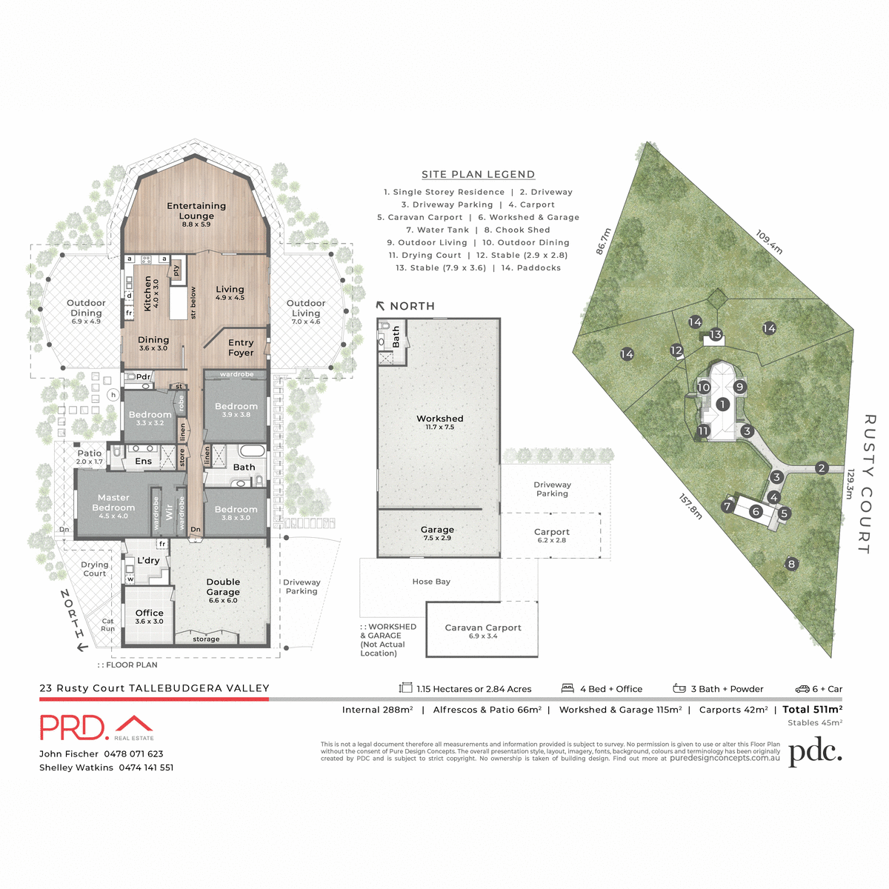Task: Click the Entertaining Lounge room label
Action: click(x=196, y=211)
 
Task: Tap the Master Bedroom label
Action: click(x=113, y=503)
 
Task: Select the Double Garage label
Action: click(x=223, y=587)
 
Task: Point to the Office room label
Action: click(x=149, y=613)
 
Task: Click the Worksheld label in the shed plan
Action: click(x=439, y=419)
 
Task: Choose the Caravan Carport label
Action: click(x=483, y=628)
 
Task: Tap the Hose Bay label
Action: click(x=431, y=582)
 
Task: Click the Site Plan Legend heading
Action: click(x=478, y=175)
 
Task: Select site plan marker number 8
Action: click(x=791, y=564)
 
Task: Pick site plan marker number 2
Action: click(x=821, y=467)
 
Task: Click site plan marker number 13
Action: click(x=716, y=335)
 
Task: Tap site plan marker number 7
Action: click(x=727, y=507)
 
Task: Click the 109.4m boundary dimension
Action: click(x=769, y=242)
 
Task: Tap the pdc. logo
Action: click(x=815, y=753)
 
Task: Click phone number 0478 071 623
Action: click(x=133, y=753)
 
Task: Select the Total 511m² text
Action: click(x=812, y=710)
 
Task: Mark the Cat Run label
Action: click(x=108, y=625)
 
